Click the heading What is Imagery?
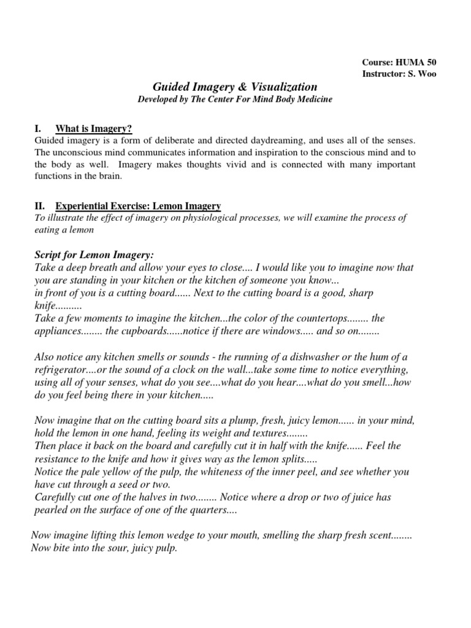click(x=94, y=128)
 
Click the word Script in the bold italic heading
click(x=50, y=255)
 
